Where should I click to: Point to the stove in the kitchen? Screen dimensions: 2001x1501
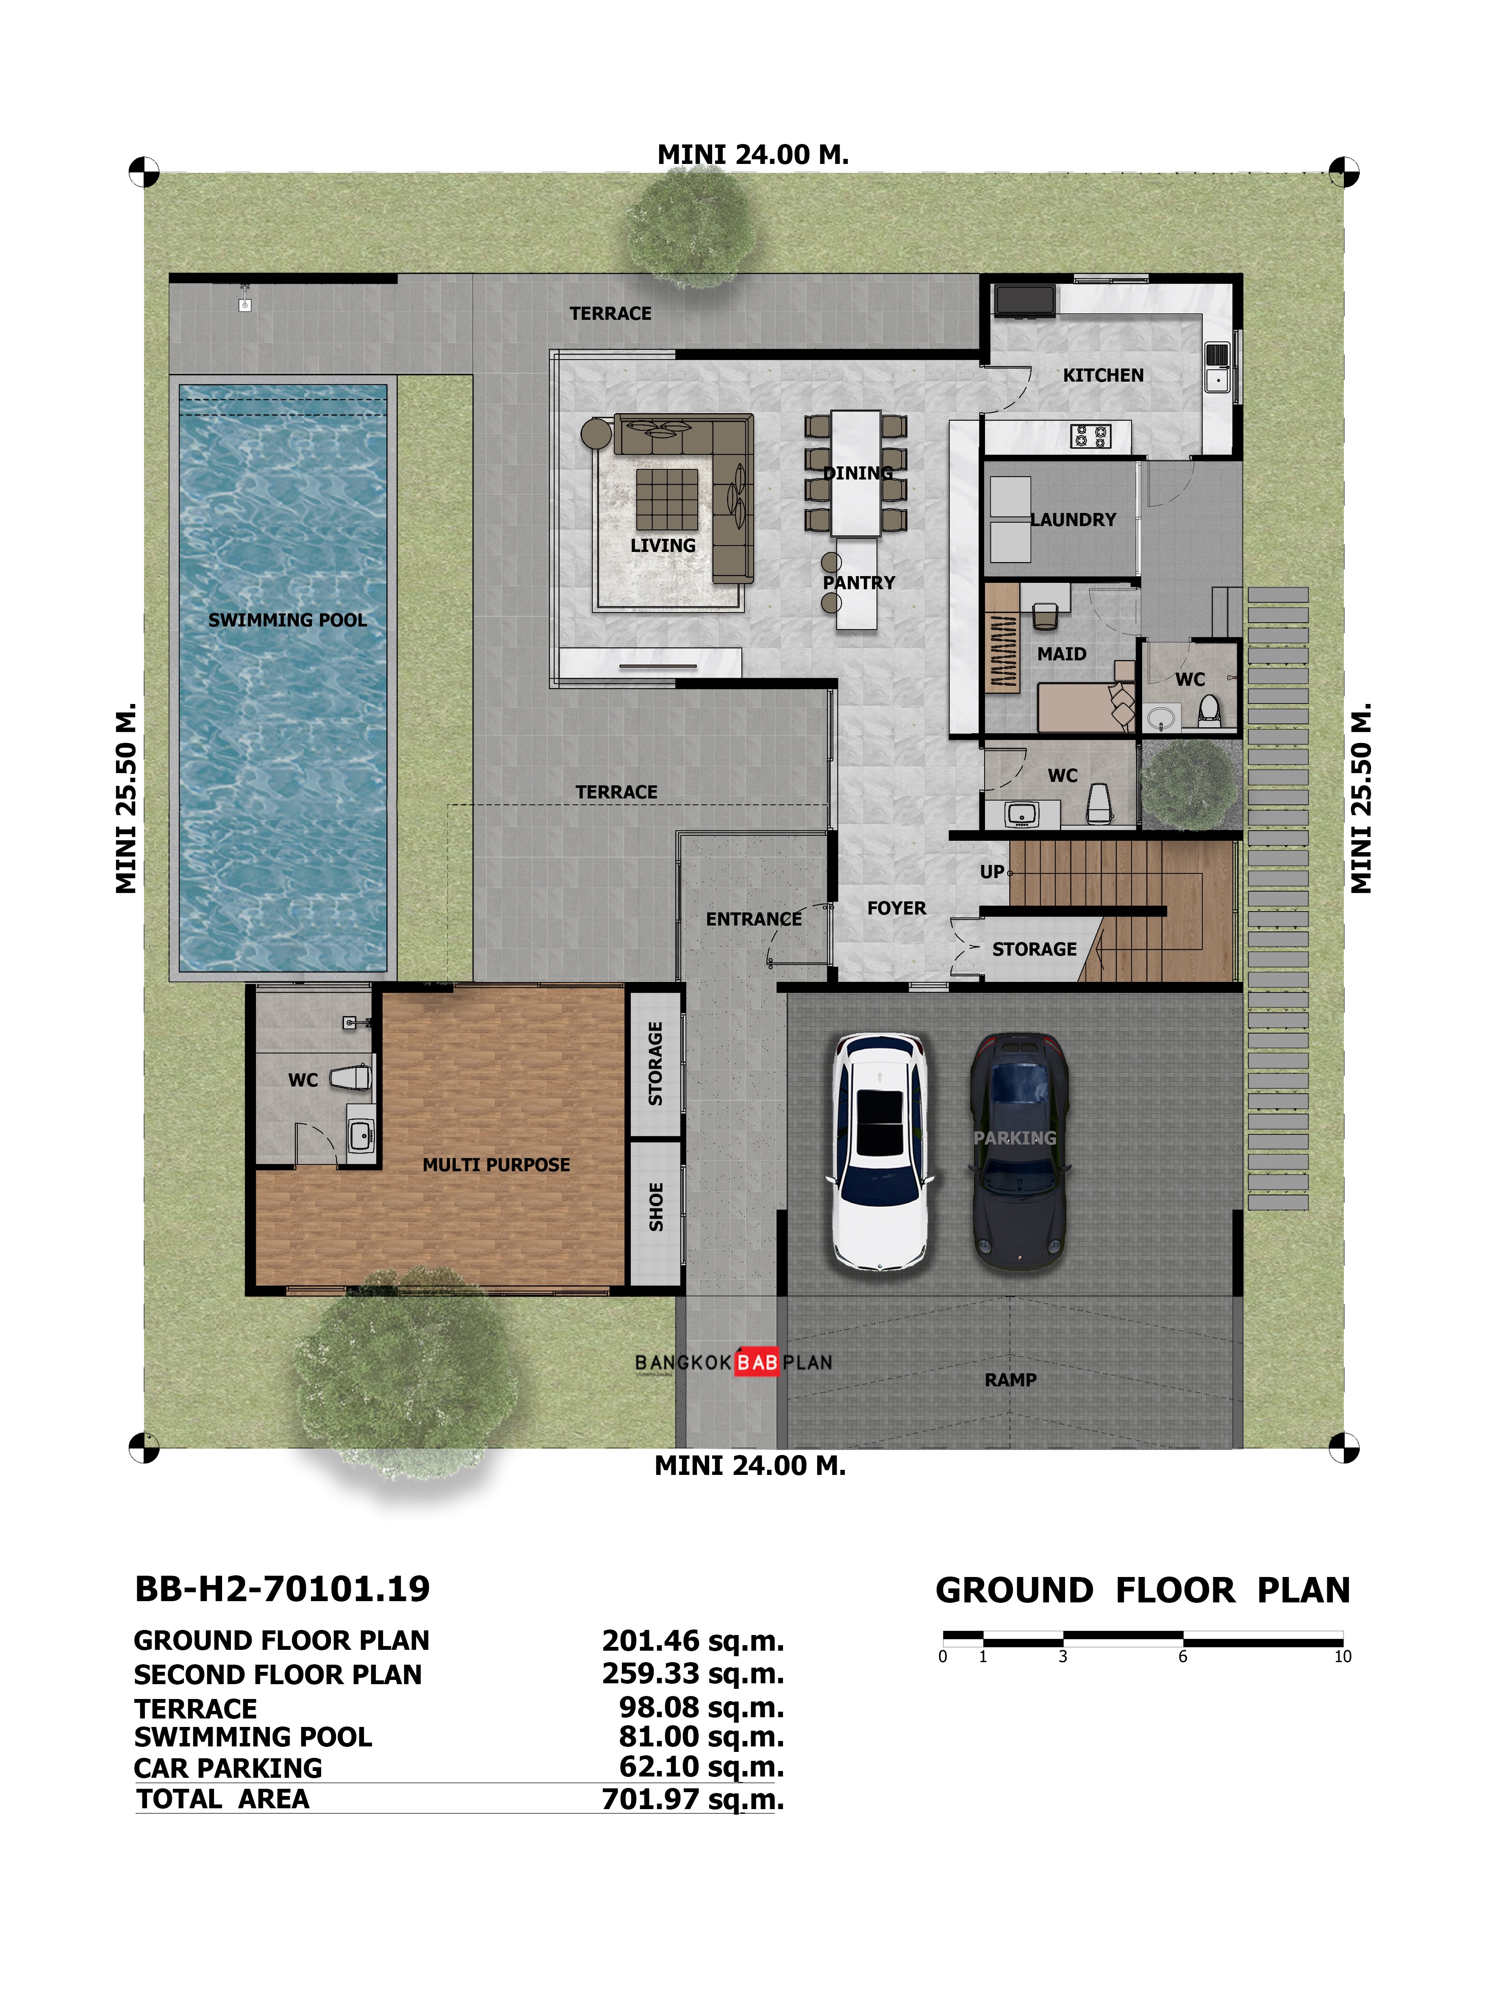tap(1089, 437)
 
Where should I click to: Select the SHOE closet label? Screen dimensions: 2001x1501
tap(656, 1207)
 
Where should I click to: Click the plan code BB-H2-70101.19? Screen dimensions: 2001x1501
tap(282, 1588)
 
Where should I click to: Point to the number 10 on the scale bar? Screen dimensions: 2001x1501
tap(1342, 1656)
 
